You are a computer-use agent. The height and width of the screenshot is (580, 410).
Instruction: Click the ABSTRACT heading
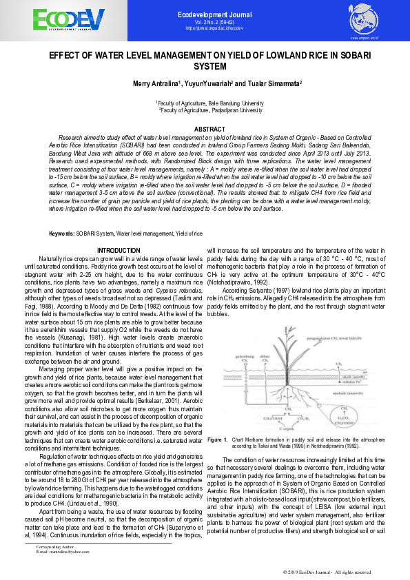(x=205, y=129)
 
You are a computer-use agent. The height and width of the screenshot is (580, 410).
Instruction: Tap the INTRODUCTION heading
(x=119, y=250)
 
